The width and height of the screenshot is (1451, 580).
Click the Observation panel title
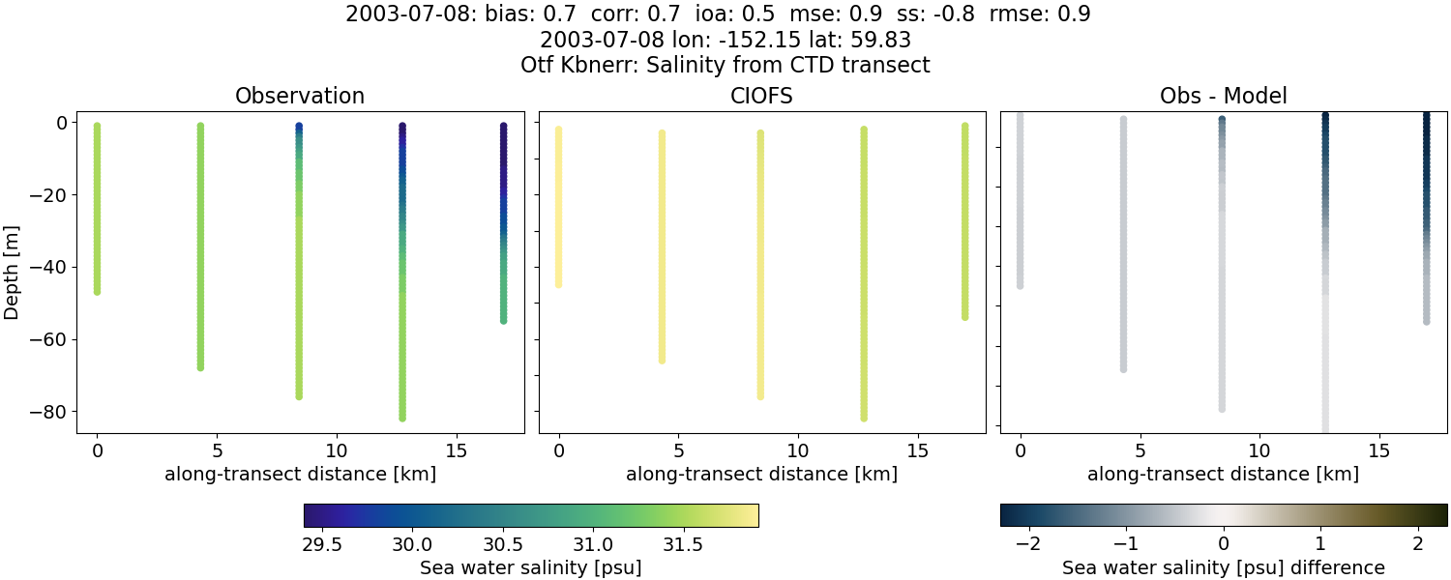(300, 97)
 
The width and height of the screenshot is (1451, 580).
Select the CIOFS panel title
(761, 97)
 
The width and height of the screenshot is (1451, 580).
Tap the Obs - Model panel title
(1223, 97)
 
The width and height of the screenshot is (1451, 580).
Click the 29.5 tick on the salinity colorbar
(322, 544)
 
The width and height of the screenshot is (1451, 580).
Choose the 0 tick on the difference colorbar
(1224, 544)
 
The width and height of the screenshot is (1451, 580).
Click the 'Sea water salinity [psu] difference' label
(1223, 567)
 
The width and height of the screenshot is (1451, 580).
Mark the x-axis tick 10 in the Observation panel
(337, 450)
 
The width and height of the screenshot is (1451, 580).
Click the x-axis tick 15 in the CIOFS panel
(918, 450)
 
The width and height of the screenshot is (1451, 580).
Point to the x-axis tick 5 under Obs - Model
(1140, 450)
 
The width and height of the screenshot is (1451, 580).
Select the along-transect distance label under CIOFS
(761, 475)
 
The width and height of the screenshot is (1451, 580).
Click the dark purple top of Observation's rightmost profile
(504, 128)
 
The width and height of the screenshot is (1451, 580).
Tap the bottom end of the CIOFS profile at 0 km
(558, 284)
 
